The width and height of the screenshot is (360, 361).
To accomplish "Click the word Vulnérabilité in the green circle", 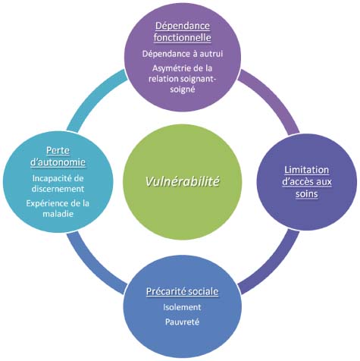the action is (x=182, y=181).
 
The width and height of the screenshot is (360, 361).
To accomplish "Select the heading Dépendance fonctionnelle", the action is (x=182, y=32).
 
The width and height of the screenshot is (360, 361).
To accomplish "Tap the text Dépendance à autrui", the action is (x=183, y=54).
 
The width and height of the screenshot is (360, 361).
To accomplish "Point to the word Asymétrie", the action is (x=171, y=68).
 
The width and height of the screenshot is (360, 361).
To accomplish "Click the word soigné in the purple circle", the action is (x=183, y=89).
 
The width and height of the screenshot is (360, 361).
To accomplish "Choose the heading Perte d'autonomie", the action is (x=58, y=156).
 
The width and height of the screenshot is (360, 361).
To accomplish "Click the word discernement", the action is (x=58, y=189).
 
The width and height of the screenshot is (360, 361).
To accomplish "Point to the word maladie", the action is (x=58, y=214).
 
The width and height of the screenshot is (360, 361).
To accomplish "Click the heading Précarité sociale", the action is (x=182, y=291).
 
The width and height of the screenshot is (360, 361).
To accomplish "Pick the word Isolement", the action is (x=182, y=307).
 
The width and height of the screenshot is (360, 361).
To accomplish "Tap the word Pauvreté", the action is (x=182, y=322).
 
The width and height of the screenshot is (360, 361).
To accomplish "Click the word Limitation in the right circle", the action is (x=307, y=170).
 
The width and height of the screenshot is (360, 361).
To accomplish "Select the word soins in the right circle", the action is (x=307, y=194).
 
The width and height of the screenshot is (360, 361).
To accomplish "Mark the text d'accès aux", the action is (x=307, y=182).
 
